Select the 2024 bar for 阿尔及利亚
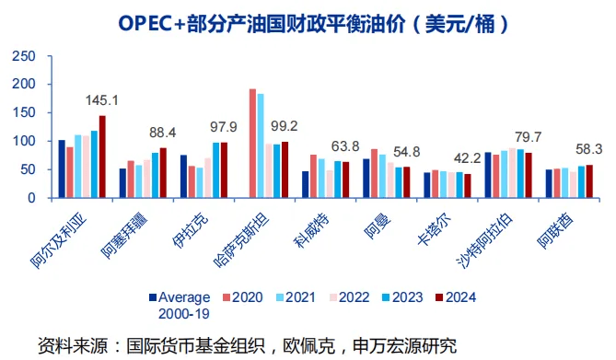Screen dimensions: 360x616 click(x=102, y=157)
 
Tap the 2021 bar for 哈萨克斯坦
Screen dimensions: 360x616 click(x=261, y=146)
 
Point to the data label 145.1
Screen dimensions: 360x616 click(x=102, y=100)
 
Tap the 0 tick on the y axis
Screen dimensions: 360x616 click(x=32, y=198)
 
